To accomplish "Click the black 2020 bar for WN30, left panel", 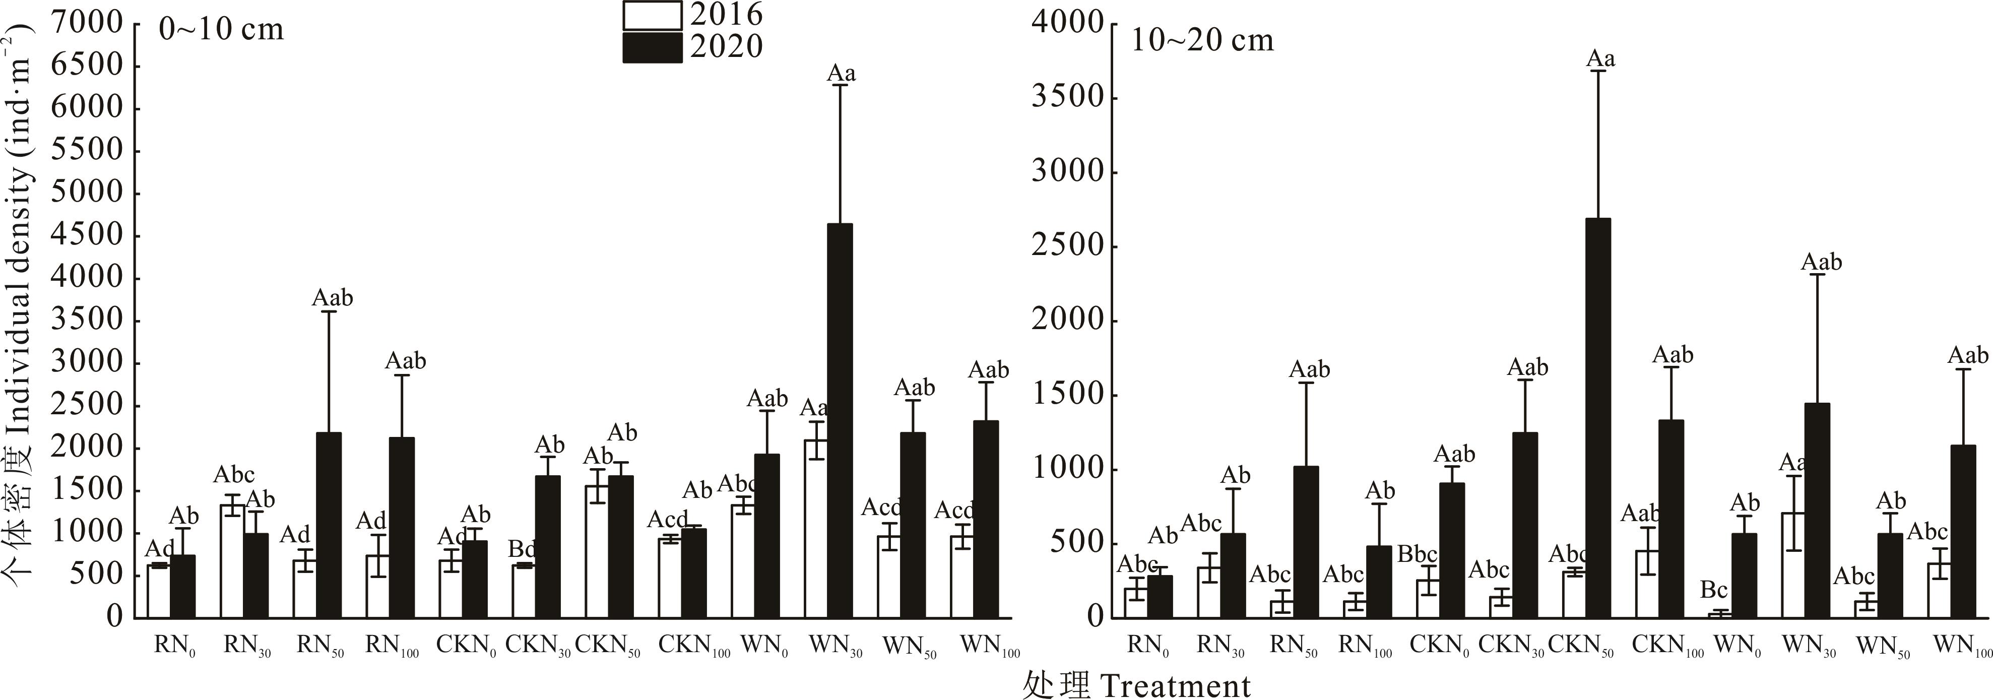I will pos(840,421).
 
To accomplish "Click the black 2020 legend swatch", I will pos(652,47).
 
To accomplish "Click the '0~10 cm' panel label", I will pos(221,30).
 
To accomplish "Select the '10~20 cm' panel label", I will pos(1201,40).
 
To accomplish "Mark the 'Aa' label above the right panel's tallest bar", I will pos(1601,59).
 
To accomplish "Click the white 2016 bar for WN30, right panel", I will pos(1794,564).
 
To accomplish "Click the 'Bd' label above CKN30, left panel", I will pos(522,550).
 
